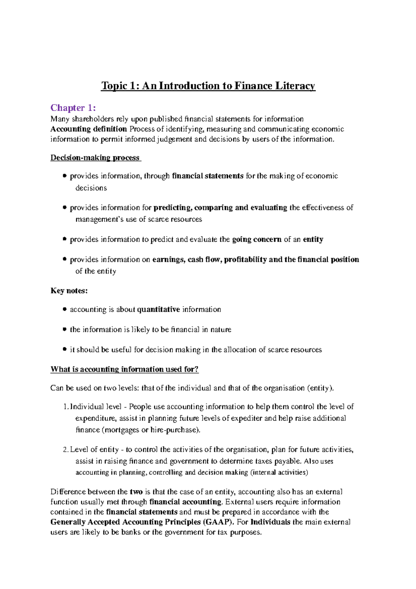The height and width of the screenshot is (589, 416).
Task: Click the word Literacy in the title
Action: click(x=295, y=86)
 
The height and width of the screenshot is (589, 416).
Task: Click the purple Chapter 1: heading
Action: click(x=73, y=108)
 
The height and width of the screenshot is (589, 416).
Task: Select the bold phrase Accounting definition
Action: click(x=88, y=129)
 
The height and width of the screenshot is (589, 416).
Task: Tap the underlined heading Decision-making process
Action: click(x=95, y=157)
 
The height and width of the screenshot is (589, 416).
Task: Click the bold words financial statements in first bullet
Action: click(x=208, y=176)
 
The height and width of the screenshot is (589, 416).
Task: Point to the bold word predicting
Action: click(x=172, y=207)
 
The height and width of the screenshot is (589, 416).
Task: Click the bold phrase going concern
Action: click(x=257, y=239)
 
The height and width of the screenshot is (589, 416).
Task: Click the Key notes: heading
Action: click(x=69, y=291)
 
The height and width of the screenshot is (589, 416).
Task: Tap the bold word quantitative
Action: click(x=158, y=309)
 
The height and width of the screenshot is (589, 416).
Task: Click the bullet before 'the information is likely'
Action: click(x=64, y=329)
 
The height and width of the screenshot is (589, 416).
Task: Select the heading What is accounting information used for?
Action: click(x=124, y=369)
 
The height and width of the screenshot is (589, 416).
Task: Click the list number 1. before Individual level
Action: click(x=66, y=407)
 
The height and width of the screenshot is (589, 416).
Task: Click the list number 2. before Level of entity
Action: click(x=66, y=450)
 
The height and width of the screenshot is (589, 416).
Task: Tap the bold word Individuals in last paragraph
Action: click(x=270, y=522)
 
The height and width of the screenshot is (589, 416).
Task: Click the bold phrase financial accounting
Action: click(x=185, y=502)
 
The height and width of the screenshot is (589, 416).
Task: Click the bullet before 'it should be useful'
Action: click(x=64, y=349)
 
